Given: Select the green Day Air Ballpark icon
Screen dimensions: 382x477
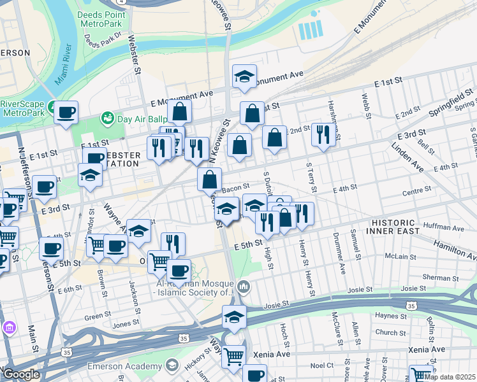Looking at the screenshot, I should pos(106,118).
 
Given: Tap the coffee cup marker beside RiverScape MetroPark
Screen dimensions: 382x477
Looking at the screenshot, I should pos(66,113).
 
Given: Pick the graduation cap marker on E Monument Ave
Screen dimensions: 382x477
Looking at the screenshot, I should pos(244,77).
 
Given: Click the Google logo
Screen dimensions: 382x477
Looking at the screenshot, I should pos(20,374).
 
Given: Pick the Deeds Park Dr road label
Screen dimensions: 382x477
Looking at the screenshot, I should pos(101,39).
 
